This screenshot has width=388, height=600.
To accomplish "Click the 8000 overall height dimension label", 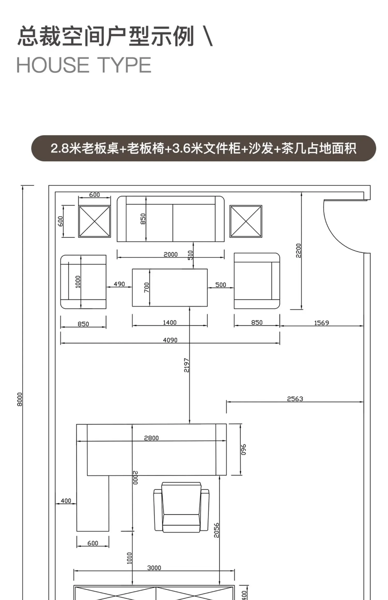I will coord(20,399).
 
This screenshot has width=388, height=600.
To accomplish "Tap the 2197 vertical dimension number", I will coord(186,365).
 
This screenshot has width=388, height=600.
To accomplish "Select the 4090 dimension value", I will coord(170,340).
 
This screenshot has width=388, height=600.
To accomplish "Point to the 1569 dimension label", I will coord(321,323).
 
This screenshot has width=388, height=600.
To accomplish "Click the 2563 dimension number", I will coord(295,399).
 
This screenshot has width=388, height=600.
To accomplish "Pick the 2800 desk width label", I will coord(151,438).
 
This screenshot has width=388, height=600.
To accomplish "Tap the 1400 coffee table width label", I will coord(169,322).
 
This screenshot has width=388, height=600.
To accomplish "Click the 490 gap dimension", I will coord(119,284).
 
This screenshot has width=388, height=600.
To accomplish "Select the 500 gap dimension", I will coord(221,285).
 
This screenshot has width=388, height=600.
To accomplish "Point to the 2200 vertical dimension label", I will coord(299,250).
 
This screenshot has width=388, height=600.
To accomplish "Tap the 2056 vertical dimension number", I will coord(217,530).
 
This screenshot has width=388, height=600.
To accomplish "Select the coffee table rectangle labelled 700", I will coord(176,288).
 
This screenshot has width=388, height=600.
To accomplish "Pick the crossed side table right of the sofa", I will coord(246,221).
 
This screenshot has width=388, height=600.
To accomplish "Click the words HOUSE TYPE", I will coord(84,65).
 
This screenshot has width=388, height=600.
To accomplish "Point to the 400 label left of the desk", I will coord(66,501).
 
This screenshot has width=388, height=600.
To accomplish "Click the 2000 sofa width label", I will coord(170,254).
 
